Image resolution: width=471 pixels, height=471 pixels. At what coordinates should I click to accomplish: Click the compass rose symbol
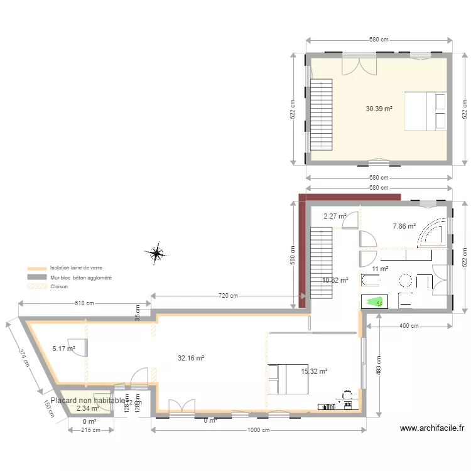pos(155,253)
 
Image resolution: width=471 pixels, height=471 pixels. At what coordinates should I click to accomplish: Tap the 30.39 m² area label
pos(379,109)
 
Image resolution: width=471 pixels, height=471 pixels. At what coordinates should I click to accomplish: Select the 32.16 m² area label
pos(191,358)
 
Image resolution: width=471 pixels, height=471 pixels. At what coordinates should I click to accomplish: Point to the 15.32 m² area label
pos(314,371)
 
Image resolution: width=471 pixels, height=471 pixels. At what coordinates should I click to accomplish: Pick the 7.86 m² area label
pos(404,226)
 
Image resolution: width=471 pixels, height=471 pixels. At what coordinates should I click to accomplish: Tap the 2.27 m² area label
pos(335,216)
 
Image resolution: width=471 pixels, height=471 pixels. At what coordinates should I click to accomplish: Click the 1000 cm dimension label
pos(257,430)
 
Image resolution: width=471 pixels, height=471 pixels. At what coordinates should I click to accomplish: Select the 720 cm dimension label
pos(228,296)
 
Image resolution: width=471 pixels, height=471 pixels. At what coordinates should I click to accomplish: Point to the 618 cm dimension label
pos(84,303)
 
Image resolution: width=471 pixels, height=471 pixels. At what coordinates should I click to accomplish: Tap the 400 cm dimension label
pos(409,326)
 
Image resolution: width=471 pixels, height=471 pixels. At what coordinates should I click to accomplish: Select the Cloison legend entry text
pos(59,286)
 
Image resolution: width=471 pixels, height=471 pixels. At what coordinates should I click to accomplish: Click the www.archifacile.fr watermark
pos(432,429)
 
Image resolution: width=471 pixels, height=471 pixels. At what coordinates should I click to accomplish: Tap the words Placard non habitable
pos(88,400)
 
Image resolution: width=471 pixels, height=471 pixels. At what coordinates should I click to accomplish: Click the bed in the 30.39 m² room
pos(425,111)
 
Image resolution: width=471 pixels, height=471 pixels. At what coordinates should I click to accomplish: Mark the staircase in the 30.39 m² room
pos(322,114)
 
